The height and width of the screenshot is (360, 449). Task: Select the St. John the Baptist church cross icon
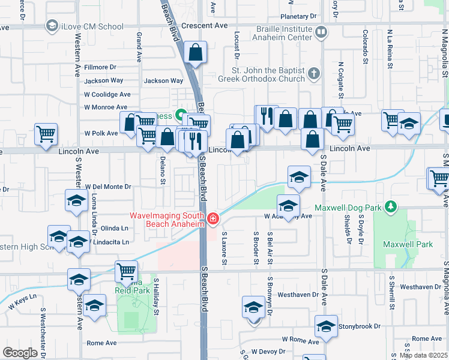(312, 74)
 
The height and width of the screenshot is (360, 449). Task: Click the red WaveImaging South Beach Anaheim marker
(213, 220)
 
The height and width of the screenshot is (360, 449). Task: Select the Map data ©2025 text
(423, 355)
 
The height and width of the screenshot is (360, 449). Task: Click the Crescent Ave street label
(205, 26)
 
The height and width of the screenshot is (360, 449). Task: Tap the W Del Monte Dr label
(107, 187)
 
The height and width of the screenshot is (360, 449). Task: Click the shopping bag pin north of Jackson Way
(196, 53)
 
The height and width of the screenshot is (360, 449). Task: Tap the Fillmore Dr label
(100, 67)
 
